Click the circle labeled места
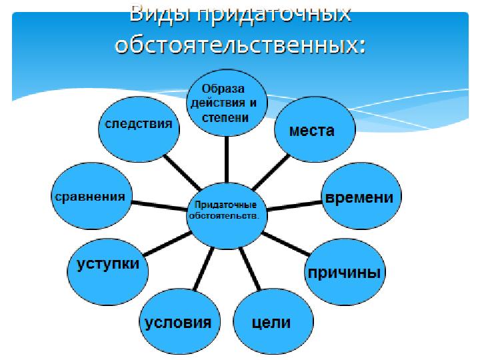315,129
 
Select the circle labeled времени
361,196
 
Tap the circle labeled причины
345,271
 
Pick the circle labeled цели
273,321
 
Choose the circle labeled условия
180,321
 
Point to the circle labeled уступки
108,271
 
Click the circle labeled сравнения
91,196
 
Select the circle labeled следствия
139,129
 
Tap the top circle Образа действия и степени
227,103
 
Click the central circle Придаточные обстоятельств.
227,215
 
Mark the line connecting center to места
270,173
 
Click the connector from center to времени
294,205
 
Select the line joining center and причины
285,244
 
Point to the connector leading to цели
250,269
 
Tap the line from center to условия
203,269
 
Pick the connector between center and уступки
167,244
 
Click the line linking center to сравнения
159,205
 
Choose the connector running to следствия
183,173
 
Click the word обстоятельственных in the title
241,45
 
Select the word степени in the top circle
225,117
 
